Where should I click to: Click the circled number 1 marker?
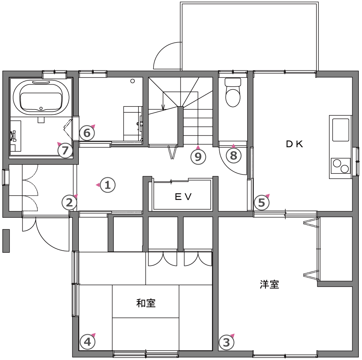click(x=107, y=185)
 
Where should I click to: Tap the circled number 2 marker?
click(x=69, y=203)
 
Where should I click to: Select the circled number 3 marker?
click(x=226, y=342)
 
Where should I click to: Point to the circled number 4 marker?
click(x=88, y=342)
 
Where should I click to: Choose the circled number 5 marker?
click(x=261, y=203)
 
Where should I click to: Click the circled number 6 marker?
click(x=87, y=133)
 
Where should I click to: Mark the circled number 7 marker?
click(x=65, y=150)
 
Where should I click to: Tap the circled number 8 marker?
click(x=234, y=155)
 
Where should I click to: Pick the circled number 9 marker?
click(x=198, y=157)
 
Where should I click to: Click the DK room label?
click(x=294, y=144)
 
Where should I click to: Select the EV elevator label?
click(x=183, y=197)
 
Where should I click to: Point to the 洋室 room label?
click(x=269, y=284)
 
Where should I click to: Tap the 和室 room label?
click(x=146, y=303)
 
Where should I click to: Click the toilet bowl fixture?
click(x=233, y=93)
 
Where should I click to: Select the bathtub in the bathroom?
click(x=41, y=97)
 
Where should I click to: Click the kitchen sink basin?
click(x=341, y=130)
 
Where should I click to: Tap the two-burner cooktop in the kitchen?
click(x=341, y=166)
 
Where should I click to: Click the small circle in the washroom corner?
click(x=132, y=81)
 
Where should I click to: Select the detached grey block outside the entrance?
click(x=6, y=241)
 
